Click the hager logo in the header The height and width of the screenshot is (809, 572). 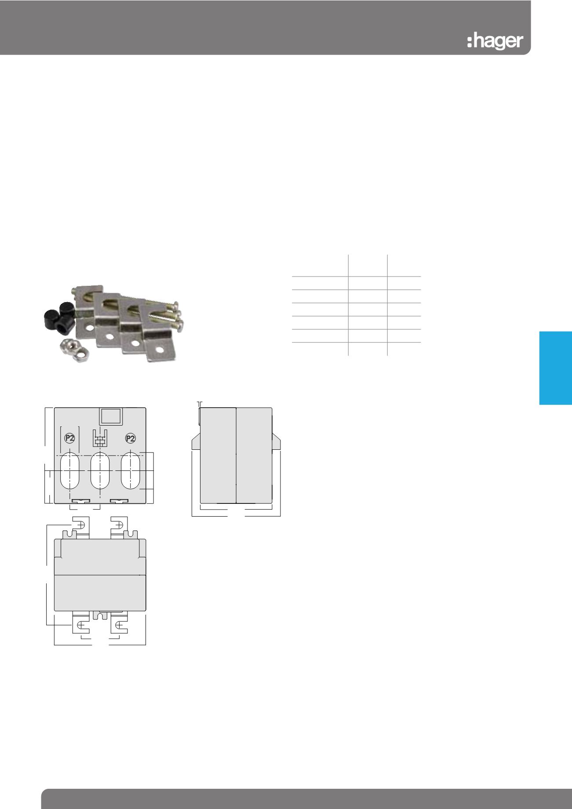point(495,41)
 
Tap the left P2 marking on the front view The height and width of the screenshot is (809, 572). point(69,438)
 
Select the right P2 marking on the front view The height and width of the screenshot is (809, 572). point(130,438)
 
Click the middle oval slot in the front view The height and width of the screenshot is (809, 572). point(100,470)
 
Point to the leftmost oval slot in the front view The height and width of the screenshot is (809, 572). point(69,470)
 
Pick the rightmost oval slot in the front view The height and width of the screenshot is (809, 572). point(131,470)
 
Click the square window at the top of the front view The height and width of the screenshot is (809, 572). point(110,416)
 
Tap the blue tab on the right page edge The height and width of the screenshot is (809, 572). point(556,368)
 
